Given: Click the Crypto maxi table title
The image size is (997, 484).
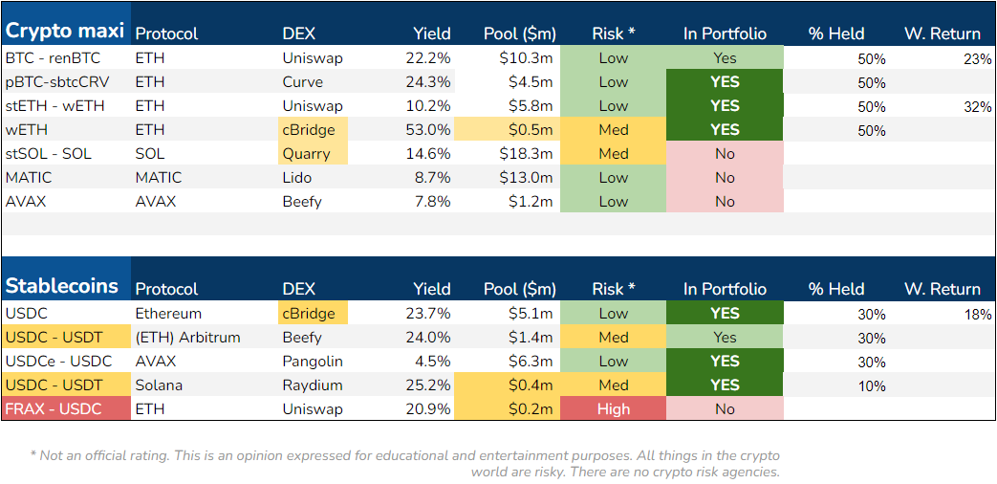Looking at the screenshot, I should [65, 31].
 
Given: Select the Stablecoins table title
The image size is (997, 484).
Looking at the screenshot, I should [62, 286].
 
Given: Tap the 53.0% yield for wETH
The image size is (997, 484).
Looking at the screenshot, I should [431, 130].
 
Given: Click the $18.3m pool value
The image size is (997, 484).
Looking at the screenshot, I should [526, 154].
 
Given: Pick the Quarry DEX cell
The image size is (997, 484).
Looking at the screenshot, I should [306, 154].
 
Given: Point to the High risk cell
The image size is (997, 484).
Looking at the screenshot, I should [613, 409].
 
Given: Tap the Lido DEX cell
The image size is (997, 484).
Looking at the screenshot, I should [298, 178].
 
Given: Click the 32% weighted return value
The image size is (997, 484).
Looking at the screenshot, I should [978, 107].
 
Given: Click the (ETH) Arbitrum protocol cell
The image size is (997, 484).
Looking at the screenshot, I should [187, 338].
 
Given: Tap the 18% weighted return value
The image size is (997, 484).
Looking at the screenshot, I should [978, 315].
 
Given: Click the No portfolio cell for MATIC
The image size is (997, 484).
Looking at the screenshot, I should [725, 178].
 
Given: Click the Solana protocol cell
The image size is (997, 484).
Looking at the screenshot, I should [159, 385].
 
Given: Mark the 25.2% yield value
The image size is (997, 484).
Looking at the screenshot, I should [431, 385].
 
